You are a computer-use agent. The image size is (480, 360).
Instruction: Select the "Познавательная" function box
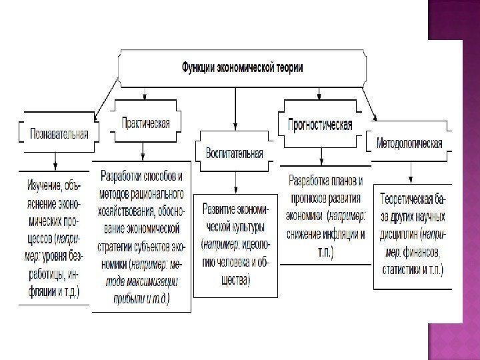[59, 132]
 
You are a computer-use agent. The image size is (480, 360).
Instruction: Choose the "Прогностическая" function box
[319, 125]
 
